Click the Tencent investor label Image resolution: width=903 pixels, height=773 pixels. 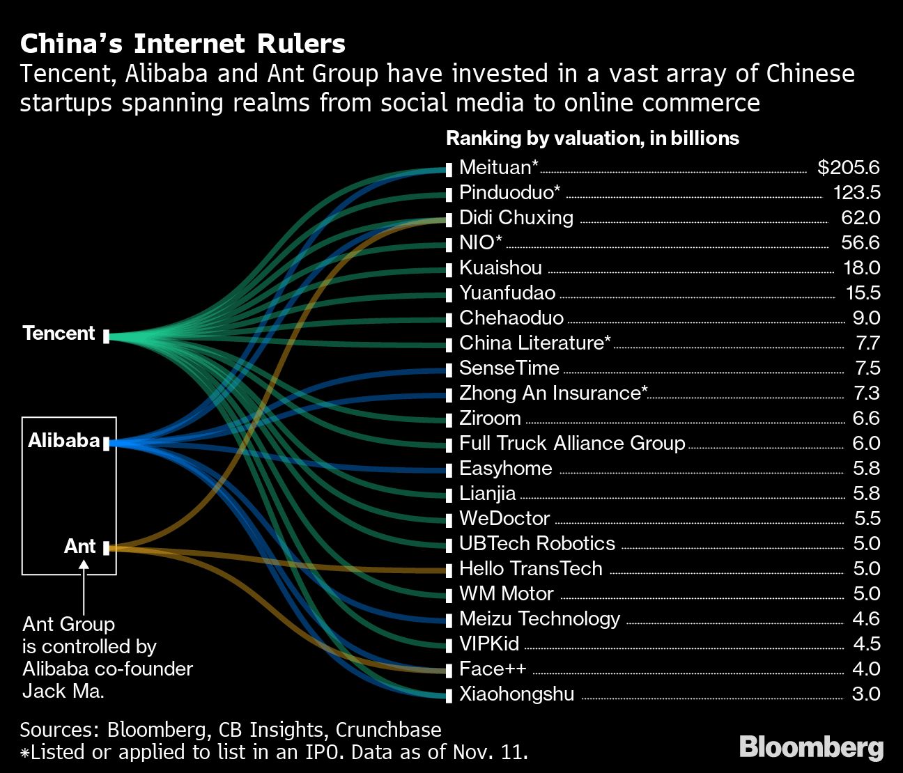coord(59,334)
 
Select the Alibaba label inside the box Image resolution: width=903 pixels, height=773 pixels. coord(64,441)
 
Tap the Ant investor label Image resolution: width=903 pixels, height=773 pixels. coord(79,546)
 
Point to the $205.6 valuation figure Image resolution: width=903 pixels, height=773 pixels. coord(848,168)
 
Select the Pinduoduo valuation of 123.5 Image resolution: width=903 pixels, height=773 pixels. coord(856,193)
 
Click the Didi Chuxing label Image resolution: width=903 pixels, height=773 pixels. coord(516,218)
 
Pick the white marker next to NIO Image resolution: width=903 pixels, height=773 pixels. coord(449,244)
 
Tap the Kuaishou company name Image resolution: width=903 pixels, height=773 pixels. coord(500,268)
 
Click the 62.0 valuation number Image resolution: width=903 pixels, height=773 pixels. coord(860,218)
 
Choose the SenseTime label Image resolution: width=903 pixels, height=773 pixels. coord(509,368)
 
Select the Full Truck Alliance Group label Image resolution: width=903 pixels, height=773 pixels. coord(571,444)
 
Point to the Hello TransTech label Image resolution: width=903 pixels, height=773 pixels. coord(530,569)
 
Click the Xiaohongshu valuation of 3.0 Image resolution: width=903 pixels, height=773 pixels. coord(866,694)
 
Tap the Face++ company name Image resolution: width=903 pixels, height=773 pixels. coord(492,669)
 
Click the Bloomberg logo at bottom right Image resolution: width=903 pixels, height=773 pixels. coord(811,747)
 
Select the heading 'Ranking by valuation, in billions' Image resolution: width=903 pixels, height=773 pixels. coord(592,139)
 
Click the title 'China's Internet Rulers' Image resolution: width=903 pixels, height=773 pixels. coord(183,44)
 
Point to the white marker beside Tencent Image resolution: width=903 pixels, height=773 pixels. coord(106,337)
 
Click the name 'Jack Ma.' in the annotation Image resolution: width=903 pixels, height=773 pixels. coord(63,692)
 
